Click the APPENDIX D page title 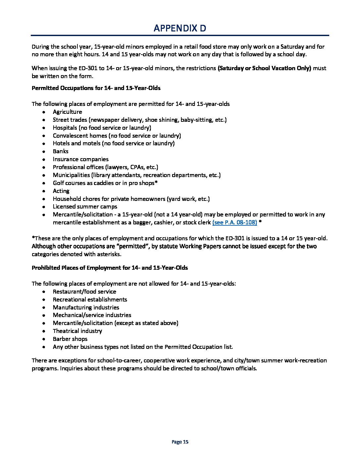coord(180,28)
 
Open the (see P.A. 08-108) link coord(235,222)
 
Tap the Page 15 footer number coord(180,442)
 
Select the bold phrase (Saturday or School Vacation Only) coord(264,68)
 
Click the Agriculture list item coord(67,112)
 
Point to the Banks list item coord(61,151)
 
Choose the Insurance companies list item coord(80,159)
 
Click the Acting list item coord(61,191)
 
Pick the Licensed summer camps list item coord(85,207)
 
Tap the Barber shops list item coord(70,339)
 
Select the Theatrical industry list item coord(77,331)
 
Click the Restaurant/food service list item coord(84,292)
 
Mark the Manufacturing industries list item coord(86,307)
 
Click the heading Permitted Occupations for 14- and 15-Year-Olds coord(96,88)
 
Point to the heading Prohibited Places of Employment coord(110,268)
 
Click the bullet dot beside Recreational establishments coord(44,300)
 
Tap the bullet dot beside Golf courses coord(44,183)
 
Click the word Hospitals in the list coord(65,128)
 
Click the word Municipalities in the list coord(71,175)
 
